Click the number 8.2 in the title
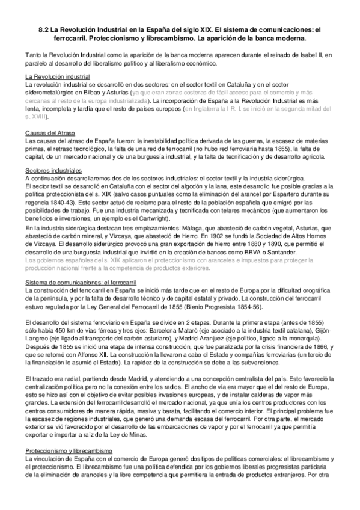tap(38, 29)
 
